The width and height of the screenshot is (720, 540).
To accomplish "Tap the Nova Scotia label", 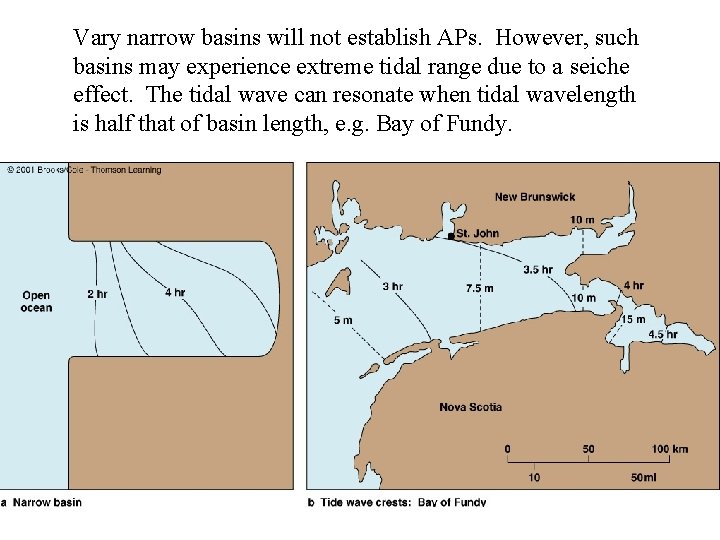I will (x=470, y=407).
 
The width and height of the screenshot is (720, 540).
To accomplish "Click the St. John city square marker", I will (x=451, y=236).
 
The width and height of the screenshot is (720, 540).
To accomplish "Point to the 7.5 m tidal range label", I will (x=479, y=289).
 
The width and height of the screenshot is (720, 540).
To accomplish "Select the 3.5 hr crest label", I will (x=538, y=270).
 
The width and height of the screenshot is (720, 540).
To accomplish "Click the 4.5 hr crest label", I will (x=662, y=334).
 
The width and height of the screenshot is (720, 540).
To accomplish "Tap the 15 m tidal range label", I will (x=634, y=320).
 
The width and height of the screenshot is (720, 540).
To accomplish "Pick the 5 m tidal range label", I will (x=342, y=320).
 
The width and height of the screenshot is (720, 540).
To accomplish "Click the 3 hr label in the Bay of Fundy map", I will (x=392, y=287).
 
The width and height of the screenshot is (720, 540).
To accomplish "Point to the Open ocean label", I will (x=36, y=301).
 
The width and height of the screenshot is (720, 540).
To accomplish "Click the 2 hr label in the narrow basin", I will (x=97, y=294).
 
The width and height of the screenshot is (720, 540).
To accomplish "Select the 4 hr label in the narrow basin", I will (x=175, y=293).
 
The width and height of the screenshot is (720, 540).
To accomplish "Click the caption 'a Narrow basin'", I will (x=42, y=502).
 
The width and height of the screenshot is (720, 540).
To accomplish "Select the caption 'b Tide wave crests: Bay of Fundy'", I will (x=397, y=502).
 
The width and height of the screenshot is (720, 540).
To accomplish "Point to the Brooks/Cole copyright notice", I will (x=85, y=170).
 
